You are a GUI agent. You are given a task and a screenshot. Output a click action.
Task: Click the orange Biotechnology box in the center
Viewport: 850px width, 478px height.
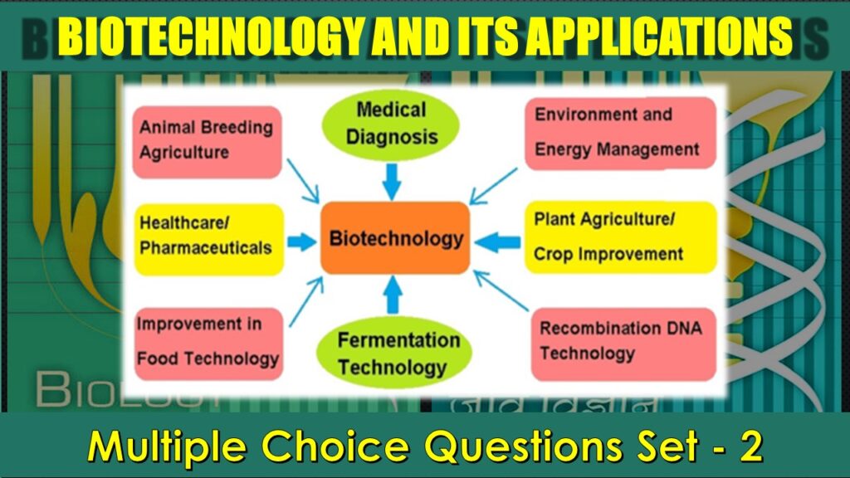pos(395,238)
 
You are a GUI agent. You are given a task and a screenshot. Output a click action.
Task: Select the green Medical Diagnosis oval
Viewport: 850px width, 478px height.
pos(391,122)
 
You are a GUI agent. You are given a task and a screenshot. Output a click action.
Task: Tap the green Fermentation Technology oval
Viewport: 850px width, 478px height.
pos(398,353)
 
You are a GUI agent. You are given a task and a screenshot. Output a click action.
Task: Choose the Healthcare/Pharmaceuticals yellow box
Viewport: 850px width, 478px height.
pos(208,239)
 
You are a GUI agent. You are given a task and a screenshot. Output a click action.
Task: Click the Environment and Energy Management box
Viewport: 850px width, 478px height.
pos(619,133)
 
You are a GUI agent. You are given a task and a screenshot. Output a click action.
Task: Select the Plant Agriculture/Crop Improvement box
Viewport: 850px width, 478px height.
pos(619,237)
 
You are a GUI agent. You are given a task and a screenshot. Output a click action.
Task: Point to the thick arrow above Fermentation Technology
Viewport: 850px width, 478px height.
pos(393,294)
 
